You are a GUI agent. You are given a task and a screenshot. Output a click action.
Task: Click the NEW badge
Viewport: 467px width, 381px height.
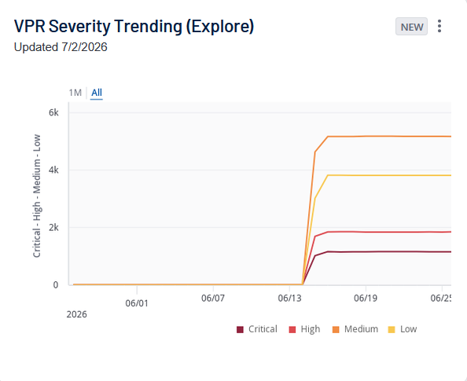[x=411, y=27]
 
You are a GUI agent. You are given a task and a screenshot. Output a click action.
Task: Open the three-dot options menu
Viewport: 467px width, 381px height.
[x=439, y=26]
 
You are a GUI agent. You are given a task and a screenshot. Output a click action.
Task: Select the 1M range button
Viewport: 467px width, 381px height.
[x=75, y=93]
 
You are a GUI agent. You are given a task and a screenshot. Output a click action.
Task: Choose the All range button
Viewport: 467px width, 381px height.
[x=97, y=93]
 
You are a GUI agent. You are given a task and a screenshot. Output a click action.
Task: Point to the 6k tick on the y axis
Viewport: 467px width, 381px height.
[x=53, y=112]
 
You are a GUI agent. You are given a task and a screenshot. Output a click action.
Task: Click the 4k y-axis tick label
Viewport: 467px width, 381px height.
[x=53, y=170]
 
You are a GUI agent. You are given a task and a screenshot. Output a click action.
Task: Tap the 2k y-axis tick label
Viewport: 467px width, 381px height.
[x=53, y=227]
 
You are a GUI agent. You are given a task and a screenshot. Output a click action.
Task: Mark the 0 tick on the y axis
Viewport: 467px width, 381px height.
[x=56, y=285]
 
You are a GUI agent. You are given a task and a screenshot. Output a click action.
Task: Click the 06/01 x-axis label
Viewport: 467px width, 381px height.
[x=137, y=303]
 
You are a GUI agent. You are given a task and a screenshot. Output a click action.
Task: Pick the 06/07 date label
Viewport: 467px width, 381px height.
[x=213, y=298]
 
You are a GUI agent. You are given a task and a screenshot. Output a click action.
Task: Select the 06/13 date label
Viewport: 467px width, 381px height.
[x=289, y=298]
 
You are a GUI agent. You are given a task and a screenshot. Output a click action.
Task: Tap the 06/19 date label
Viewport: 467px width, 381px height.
[x=366, y=298]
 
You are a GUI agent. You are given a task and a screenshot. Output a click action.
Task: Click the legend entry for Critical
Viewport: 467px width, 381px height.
[x=257, y=329]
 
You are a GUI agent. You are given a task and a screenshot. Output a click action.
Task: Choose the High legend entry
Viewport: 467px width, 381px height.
[x=304, y=329]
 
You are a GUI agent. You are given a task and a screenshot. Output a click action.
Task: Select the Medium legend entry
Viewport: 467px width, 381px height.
[x=355, y=329]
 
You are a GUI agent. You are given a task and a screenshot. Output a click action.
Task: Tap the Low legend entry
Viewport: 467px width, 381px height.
[x=403, y=329]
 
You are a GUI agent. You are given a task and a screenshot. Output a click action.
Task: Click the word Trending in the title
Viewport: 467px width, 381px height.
[x=148, y=26]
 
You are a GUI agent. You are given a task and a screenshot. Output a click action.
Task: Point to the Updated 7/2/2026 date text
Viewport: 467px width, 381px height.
[x=61, y=47]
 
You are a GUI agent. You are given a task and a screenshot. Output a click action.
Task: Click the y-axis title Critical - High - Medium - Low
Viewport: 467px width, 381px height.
[x=37, y=196]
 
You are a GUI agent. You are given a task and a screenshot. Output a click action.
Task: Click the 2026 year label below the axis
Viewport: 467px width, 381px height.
[x=76, y=314]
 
